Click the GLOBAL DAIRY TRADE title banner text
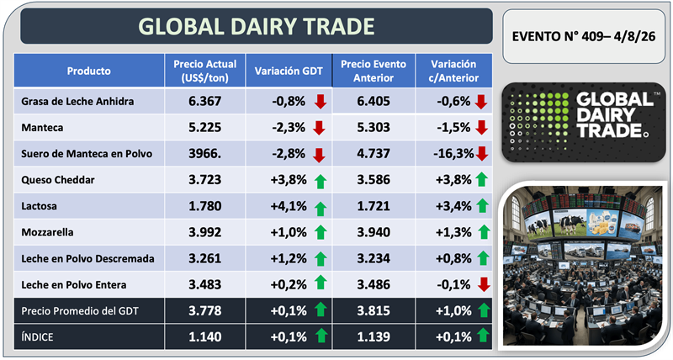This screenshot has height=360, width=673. (257, 26)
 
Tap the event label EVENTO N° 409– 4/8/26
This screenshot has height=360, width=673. (584, 36)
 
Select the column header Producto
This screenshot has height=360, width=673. (89, 71)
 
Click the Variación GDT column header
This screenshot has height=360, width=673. (289, 71)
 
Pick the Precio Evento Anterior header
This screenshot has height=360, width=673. (374, 71)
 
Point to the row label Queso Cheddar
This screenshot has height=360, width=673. (58, 180)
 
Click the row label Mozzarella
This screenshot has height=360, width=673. (47, 232)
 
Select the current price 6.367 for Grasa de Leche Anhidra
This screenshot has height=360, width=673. (204, 101)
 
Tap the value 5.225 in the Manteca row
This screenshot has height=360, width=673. (204, 128)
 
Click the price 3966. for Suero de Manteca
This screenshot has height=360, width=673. (204, 154)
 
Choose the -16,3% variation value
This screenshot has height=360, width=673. (453, 154)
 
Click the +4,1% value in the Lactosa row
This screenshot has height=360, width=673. (289, 206)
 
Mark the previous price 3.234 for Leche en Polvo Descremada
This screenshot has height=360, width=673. (374, 258)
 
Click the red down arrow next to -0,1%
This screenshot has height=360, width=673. (484, 284)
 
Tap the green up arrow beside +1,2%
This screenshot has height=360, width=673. (321, 259)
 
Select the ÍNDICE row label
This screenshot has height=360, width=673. (37, 336)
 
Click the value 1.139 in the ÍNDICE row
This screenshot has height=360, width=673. (374, 336)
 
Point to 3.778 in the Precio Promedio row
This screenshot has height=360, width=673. (204, 310)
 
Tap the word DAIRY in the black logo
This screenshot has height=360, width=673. (606, 115)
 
